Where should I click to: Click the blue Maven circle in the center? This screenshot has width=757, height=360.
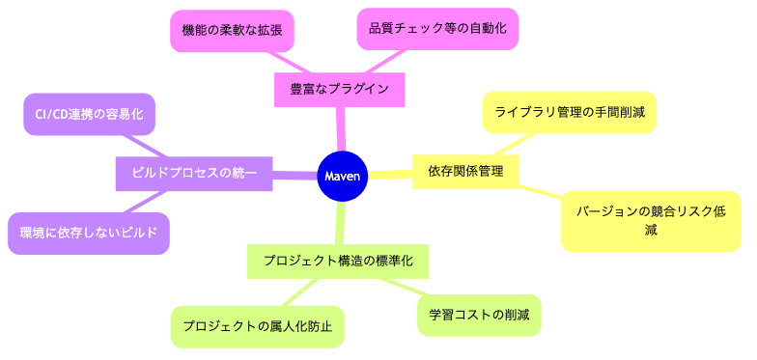(x=343, y=177)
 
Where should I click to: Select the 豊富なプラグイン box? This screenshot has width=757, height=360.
(x=339, y=89)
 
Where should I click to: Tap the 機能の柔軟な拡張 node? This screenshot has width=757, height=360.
(x=232, y=30)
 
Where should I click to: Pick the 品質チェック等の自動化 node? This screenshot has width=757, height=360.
(x=437, y=29)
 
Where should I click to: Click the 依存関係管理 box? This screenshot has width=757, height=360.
(x=465, y=171)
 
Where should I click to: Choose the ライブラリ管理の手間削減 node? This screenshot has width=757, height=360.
(x=570, y=113)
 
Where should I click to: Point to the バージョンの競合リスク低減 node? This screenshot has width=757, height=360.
(x=651, y=220)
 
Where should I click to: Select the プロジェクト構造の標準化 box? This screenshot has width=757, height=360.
(x=338, y=261)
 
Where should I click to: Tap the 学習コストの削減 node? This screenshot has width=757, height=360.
(x=479, y=316)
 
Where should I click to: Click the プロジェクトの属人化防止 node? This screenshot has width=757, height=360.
(x=257, y=326)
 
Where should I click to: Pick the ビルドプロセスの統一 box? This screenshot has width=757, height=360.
(x=194, y=173)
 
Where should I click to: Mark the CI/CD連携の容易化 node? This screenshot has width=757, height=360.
(x=89, y=114)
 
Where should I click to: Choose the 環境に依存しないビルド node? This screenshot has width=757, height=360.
(x=89, y=233)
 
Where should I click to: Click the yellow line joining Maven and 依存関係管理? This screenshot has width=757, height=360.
(x=390, y=174)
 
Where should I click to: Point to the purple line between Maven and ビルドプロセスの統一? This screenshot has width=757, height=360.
(x=294, y=175)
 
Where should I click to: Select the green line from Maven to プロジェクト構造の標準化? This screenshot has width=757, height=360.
(x=341, y=223)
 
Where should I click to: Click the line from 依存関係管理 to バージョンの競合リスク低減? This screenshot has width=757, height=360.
(x=541, y=194)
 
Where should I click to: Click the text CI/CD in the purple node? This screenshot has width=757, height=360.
(x=52, y=114)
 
